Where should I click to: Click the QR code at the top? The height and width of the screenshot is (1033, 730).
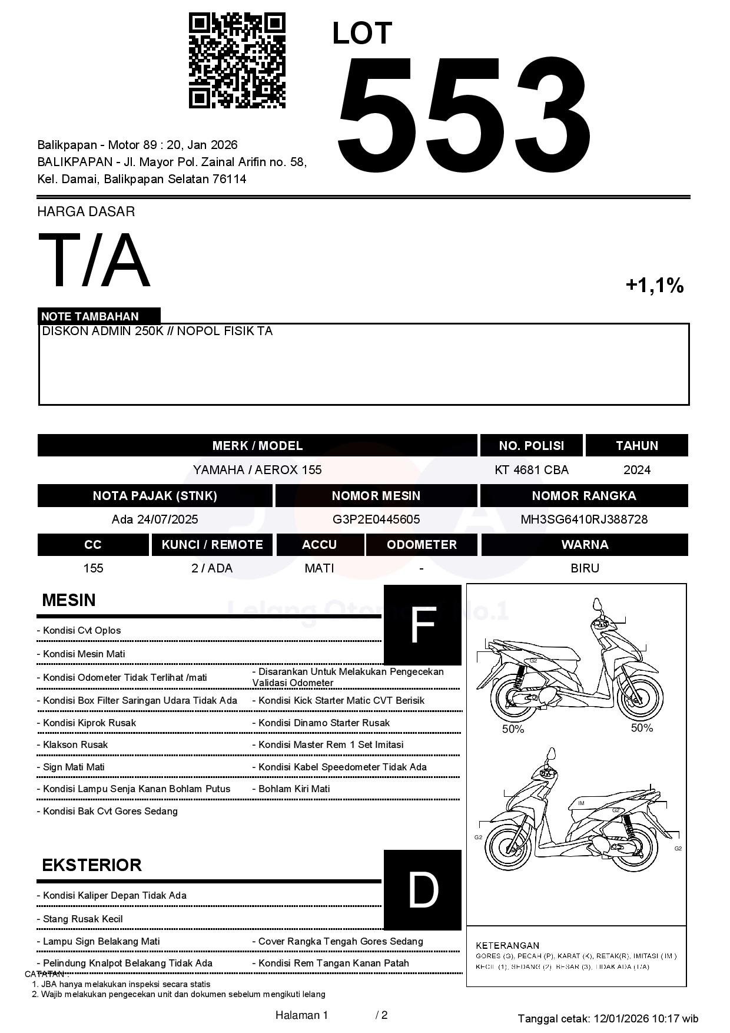(x=237, y=61)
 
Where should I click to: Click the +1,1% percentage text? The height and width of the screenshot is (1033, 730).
(x=654, y=286)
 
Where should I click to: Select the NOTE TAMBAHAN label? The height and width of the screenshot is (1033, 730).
(x=90, y=316)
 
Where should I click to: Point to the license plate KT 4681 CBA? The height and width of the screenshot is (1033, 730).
(x=532, y=470)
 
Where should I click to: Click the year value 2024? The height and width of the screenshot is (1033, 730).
(x=637, y=470)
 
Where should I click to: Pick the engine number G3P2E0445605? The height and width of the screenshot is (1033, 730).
(x=376, y=519)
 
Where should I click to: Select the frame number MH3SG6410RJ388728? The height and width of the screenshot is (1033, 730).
(x=584, y=519)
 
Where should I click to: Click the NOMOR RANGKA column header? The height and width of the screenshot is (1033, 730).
(x=584, y=496)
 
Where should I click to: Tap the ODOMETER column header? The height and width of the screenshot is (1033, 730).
(x=422, y=545)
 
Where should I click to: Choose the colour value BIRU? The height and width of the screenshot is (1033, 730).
(x=585, y=568)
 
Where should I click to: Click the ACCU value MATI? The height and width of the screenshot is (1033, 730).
(x=319, y=568)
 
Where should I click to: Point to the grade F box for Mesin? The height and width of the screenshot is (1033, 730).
(x=422, y=625)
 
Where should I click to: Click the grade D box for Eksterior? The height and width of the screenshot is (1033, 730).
(x=422, y=890)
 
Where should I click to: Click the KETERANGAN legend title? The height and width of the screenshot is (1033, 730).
(x=507, y=945)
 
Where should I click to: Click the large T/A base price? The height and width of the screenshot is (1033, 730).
(x=94, y=261)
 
